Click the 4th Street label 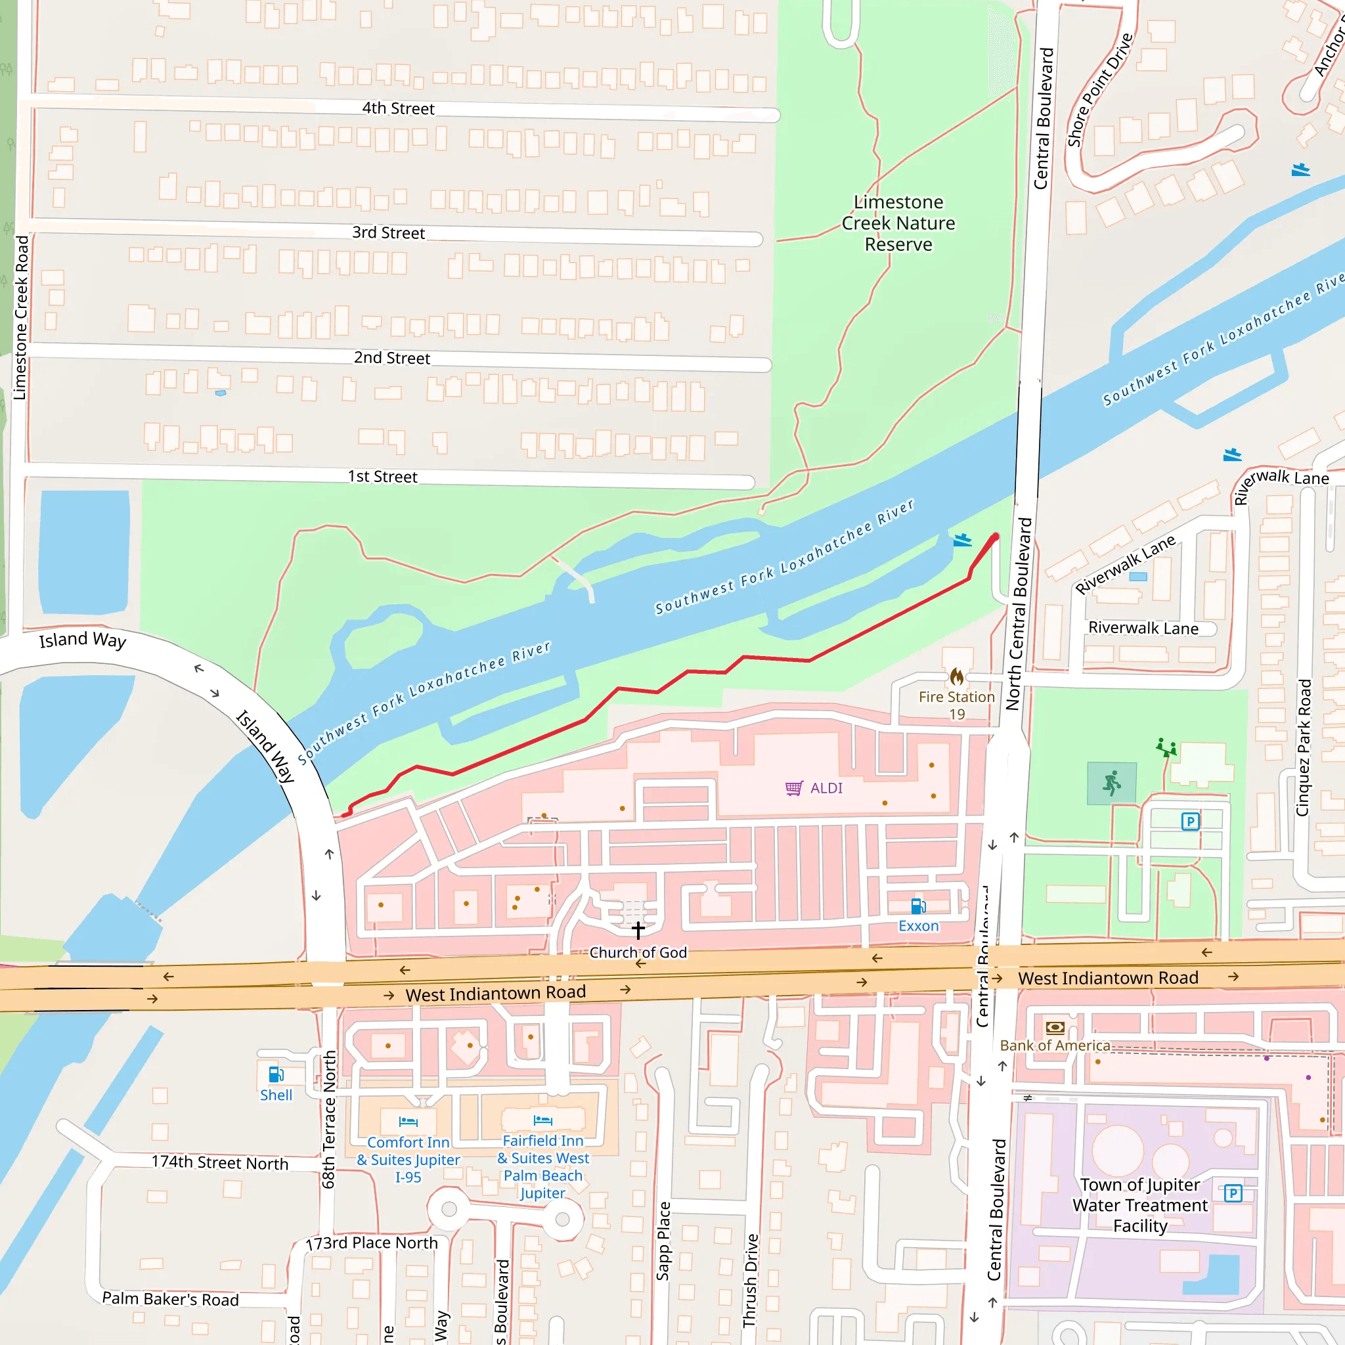397,108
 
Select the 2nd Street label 392,358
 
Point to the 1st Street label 382,477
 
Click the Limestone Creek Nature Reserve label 898,223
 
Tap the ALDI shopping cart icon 793,788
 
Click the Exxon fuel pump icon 918,906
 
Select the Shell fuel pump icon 276,1074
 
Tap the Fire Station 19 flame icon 956,676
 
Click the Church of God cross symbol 638,930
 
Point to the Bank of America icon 1055,1028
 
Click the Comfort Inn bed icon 408,1122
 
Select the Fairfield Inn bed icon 542,1120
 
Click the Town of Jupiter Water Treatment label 1139,1205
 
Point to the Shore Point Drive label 1100,91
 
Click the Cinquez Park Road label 1303,749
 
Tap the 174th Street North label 220,1162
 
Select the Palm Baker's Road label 171,1299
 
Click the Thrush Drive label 751,1281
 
